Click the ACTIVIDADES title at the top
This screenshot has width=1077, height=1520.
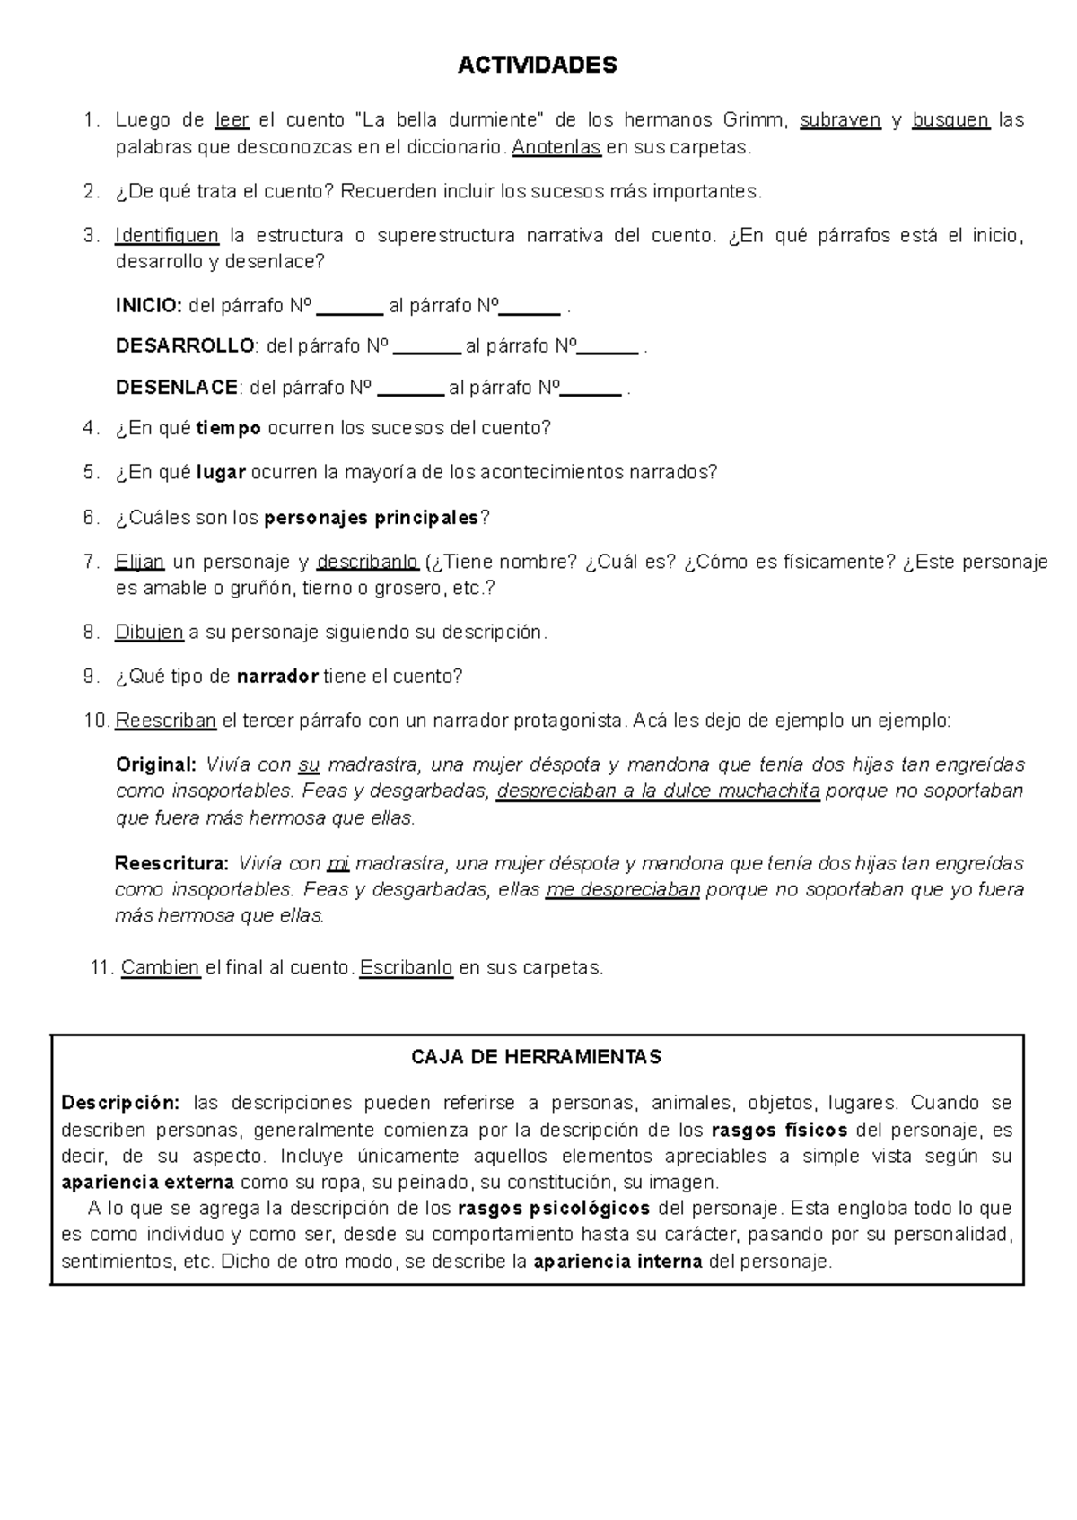[x=538, y=66]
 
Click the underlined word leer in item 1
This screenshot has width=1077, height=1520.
[x=232, y=120]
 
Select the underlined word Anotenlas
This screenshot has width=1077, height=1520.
[x=556, y=147]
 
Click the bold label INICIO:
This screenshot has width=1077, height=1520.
[x=149, y=306]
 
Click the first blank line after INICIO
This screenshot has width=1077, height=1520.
[x=350, y=308]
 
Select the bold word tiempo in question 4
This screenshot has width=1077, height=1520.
[x=229, y=428]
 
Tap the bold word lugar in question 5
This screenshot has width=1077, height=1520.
[x=221, y=472]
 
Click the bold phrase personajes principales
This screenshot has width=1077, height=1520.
[x=372, y=518]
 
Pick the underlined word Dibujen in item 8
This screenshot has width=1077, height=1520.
[x=149, y=632]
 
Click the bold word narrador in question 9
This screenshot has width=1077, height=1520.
[x=277, y=676]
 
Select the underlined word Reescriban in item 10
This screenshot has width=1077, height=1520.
[x=166, y=720]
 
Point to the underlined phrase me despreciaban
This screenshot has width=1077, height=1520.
[x=622, y=890]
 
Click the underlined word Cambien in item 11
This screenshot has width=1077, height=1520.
[x=160, y=967]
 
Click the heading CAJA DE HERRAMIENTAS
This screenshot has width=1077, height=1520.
[x=536, y=1057]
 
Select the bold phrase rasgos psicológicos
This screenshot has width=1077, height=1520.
[x=553, y=1208]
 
